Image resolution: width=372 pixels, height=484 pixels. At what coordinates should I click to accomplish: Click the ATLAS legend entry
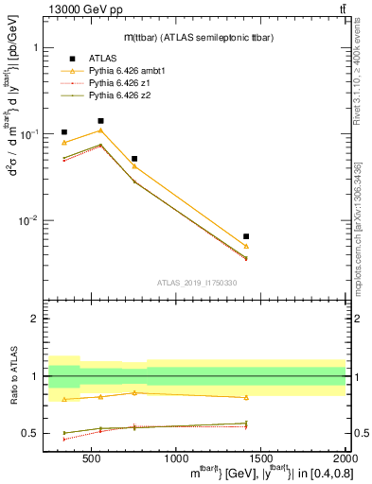101,59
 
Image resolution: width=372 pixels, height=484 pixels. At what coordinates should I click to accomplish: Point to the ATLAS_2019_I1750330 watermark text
197,283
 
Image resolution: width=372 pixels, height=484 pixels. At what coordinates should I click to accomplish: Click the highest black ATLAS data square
100,121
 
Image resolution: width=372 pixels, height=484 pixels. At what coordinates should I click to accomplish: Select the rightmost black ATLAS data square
246,236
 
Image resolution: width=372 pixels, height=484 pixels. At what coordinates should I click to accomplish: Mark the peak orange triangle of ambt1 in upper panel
100,130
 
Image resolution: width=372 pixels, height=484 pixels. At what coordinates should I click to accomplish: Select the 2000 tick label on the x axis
343,459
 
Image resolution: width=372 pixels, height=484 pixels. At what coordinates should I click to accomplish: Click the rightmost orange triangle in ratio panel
246,397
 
